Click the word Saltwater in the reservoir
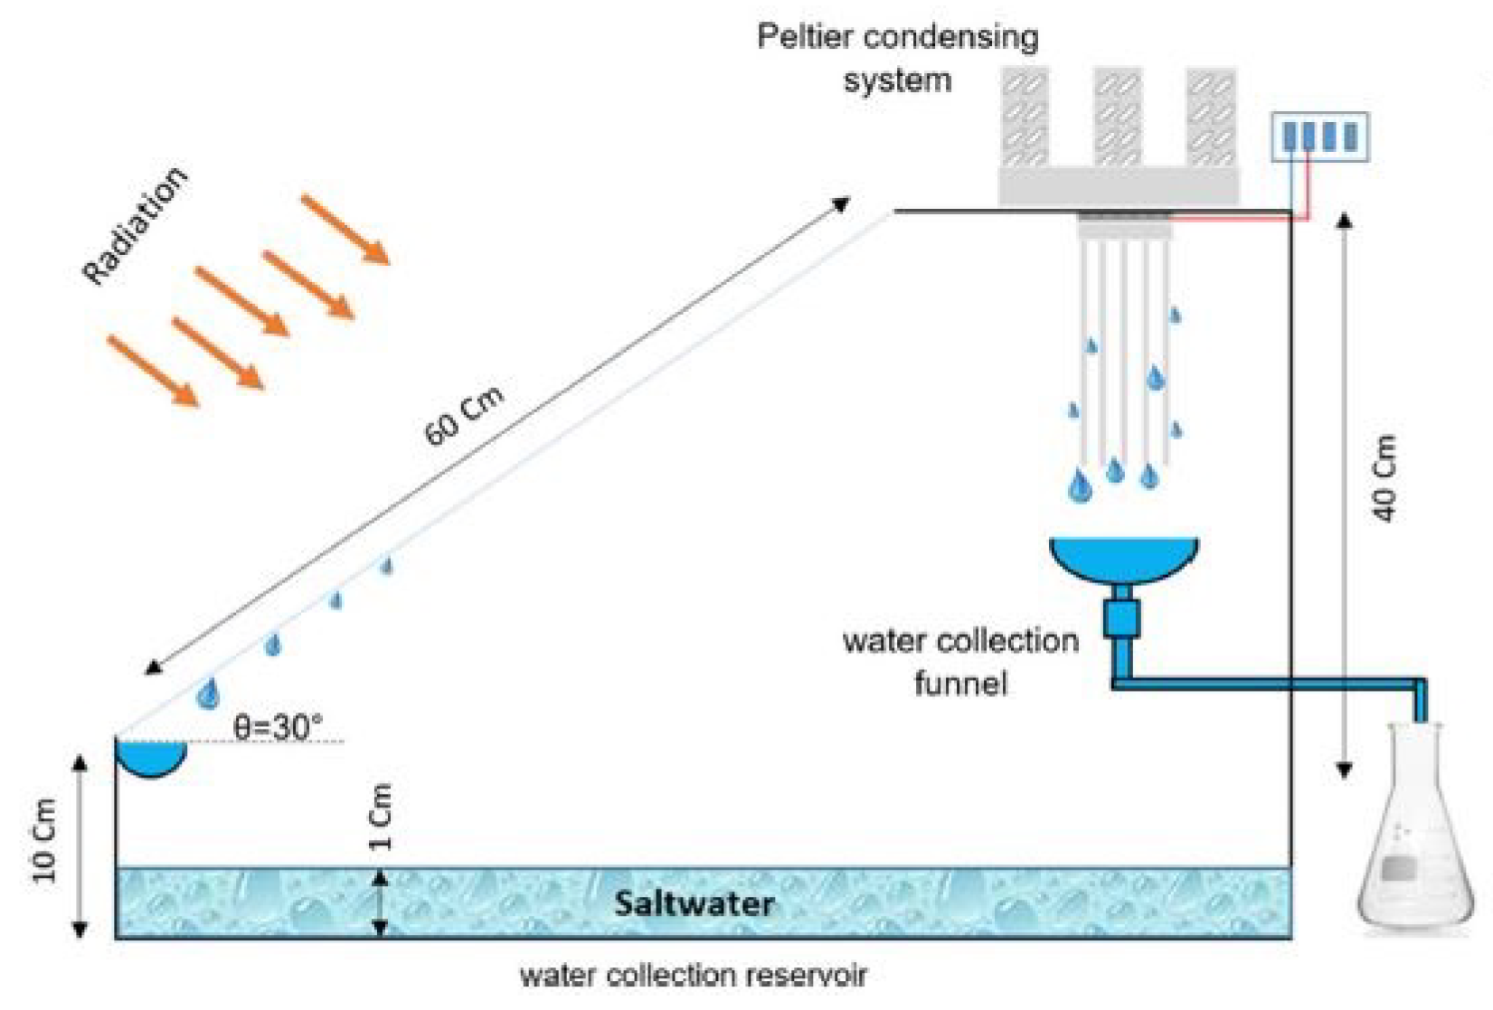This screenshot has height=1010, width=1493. coord(694,903)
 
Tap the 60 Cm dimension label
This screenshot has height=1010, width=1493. coord(463,416)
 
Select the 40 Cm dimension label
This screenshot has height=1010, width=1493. coord(1384,478)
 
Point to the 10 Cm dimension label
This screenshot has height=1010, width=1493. coord(43,841)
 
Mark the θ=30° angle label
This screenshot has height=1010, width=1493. coord(278,726)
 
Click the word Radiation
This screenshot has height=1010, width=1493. coord(135,225)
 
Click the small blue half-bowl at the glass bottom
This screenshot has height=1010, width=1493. coord(151,758)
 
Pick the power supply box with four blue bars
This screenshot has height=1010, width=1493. coord(1319,137)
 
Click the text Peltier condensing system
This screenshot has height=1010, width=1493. coord(897,58)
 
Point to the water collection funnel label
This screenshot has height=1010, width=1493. coord(960,662)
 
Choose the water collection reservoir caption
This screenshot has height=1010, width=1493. coord(693,976)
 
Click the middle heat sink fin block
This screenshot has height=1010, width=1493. coord(1118,118)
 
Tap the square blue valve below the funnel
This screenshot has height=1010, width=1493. coord(1121,619)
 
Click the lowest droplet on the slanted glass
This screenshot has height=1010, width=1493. coord(208,694)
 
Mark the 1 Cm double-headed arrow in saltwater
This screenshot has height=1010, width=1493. coord(381,903)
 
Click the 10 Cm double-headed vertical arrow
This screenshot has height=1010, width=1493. coord(80,845)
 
